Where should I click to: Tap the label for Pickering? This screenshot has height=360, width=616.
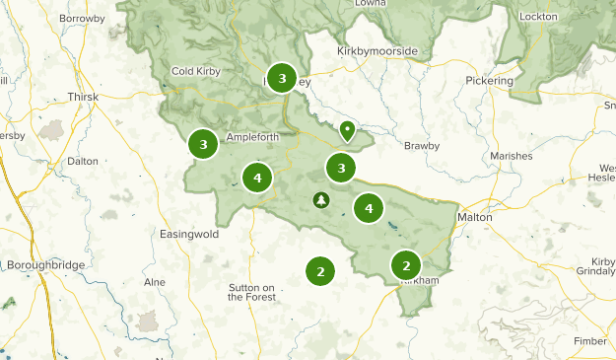pos(490,80)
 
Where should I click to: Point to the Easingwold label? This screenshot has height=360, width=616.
pos(187,234)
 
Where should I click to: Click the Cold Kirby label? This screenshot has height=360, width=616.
pos(197,71)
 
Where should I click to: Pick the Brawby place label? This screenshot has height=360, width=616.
pos(422,146)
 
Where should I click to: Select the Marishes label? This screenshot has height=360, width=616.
pos(510,156)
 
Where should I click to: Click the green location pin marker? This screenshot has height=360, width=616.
pos(347,129)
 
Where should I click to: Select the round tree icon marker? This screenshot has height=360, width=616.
pos(321,200)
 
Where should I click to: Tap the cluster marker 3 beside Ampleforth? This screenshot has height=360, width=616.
pos(203,145)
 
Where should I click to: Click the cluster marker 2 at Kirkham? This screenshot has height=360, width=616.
pos(406,264)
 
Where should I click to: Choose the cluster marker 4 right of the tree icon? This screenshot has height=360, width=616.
pos(369,208)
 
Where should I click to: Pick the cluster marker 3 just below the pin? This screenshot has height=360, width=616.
pos(341,168)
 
